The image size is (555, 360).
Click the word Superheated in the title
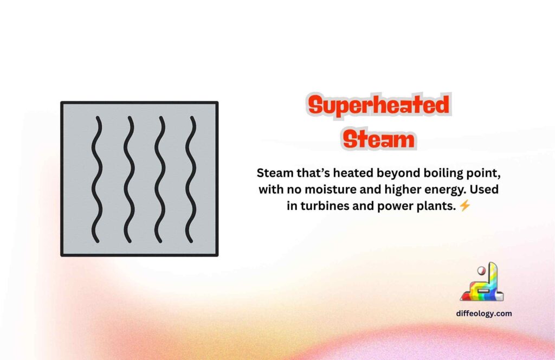click(x=378, y=105)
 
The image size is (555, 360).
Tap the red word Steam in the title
click(x=378, y=139)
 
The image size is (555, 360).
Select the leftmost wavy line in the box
click(x=96, y=179)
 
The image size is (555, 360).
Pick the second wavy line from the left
click(x=128, y=179)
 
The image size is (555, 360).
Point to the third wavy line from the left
click(x=159, y=179)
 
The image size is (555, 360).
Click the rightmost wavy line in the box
click(x=190, y=179)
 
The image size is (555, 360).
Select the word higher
click(x=408, y=190)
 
